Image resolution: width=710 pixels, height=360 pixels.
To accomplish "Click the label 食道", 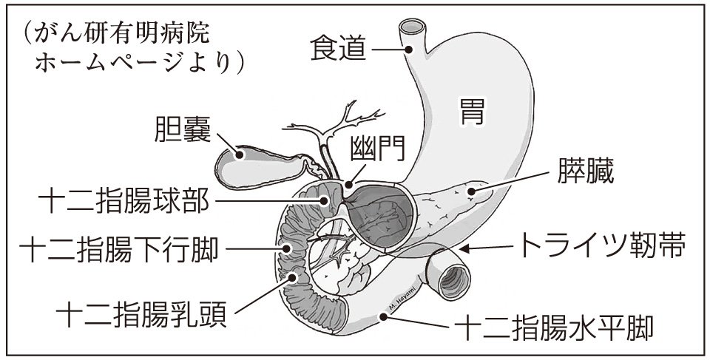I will coord(337,50).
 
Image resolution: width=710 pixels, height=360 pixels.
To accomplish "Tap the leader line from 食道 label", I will coord(388,50).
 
